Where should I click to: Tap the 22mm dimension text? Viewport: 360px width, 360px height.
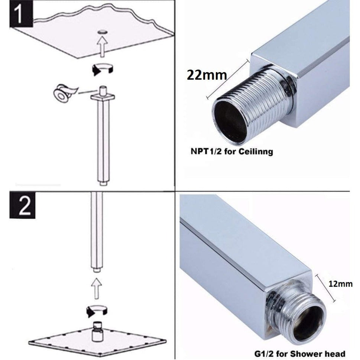pyautogui.click(x=207, y=75)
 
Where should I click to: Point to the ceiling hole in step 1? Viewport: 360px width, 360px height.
pyautogui.click(x=102, y=33)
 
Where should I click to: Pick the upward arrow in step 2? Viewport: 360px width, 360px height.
pyautogui.click(x=97, y=288)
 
